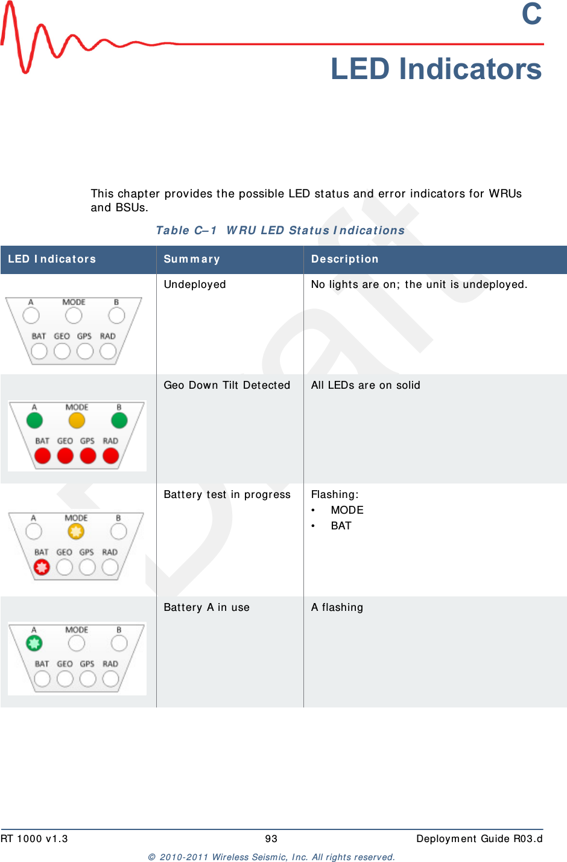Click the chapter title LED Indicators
click(x=436, y=69)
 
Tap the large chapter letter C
click(x=531, y=14)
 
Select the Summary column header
click(x=192, y=259)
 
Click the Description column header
click(x=344, y=259)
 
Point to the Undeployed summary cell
click(x=195, y=284)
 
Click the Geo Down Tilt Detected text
click(x=227, y=385)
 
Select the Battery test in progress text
click(x=227, y=494)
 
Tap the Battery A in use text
click(x=206, y=607)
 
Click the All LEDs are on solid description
click(x=366, y=385)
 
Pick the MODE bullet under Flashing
click(x=347, y=510)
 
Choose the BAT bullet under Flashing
click(x=341, y=526)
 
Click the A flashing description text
click(x=337, y=607)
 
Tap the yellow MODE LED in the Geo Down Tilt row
click(x=77, y=420)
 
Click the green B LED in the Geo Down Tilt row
click(x=119, y=420)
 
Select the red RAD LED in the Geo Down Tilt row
click(x=111, y=456)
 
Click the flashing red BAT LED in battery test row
click(x=42, y=567)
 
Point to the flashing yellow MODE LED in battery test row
click(x=76, y=531)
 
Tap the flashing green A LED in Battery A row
click(x=34, y=643)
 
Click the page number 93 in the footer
click(x=271, y=838)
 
